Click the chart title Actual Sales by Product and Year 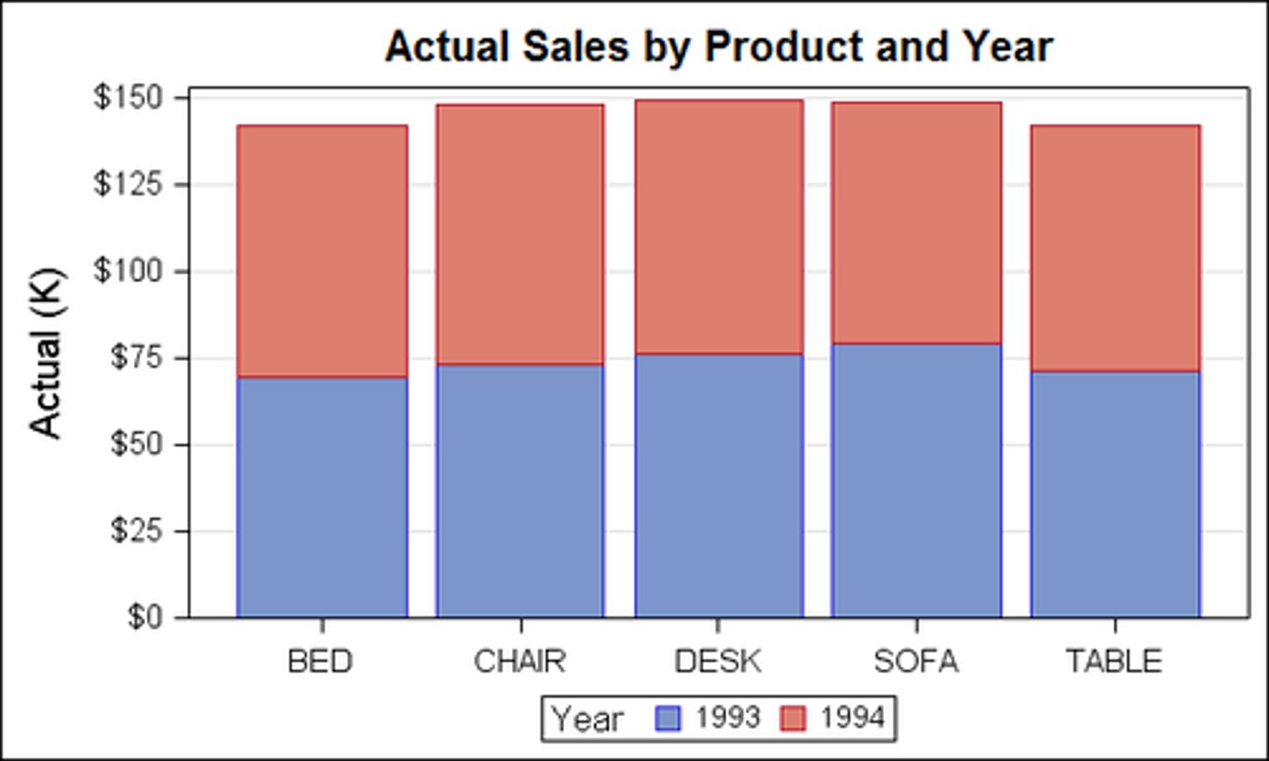(x=718, y=47)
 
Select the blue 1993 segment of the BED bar (x=323, y=498)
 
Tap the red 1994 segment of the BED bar (x=323, y=251)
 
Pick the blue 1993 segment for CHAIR (x=520, y=491)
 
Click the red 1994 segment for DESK (x=719, y=227)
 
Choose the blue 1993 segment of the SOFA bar (x=916, y=480)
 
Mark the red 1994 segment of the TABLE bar (x=1115, y=248)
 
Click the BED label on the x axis (x=321, y=661)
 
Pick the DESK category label (x=717, y=661)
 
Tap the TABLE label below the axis (x=1114, y=661)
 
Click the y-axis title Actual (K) (x=46, y=352)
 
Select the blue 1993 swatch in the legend (x=669, y=719)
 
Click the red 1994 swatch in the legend (x=793, y=719)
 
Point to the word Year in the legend (x=587, y=719)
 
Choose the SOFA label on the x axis (x=916, y=661)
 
